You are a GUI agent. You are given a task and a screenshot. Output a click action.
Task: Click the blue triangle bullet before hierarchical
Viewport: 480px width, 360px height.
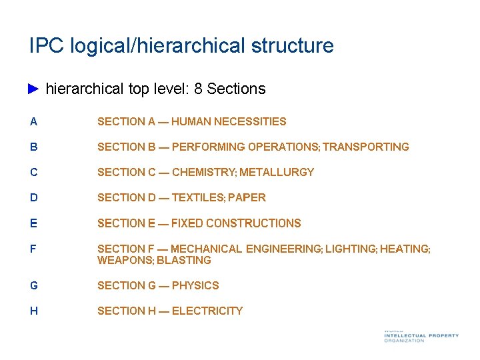pos(35,89)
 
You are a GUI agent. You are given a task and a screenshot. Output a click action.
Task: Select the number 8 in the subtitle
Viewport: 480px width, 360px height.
pos(198,89)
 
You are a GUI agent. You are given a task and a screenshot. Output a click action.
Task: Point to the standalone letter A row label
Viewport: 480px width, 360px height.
pos(33,121)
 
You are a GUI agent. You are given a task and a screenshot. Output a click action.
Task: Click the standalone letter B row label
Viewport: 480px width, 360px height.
pos(33,147)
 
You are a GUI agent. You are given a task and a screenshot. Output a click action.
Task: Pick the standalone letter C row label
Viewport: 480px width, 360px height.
pos(33,172)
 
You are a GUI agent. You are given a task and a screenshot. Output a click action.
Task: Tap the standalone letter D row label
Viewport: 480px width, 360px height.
pos(33,197)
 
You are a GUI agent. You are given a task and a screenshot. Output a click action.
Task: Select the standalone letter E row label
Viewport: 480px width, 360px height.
pos(33,223)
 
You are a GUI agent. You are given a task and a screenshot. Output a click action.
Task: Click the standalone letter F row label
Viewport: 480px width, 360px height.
pos(33,248)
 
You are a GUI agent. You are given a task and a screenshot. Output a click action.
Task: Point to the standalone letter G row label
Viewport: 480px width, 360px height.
pos(34,285)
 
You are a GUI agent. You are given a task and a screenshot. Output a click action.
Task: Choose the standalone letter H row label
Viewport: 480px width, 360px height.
pos(33,311)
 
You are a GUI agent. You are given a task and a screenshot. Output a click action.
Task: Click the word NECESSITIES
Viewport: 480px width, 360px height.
pos(253,121)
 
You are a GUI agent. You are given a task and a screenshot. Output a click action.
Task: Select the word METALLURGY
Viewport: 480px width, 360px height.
pos(277,172)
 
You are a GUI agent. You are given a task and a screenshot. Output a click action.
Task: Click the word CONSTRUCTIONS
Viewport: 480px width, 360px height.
pos(253,223)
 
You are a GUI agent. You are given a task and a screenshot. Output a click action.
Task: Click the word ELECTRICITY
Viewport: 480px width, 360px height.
pos(207,311)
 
